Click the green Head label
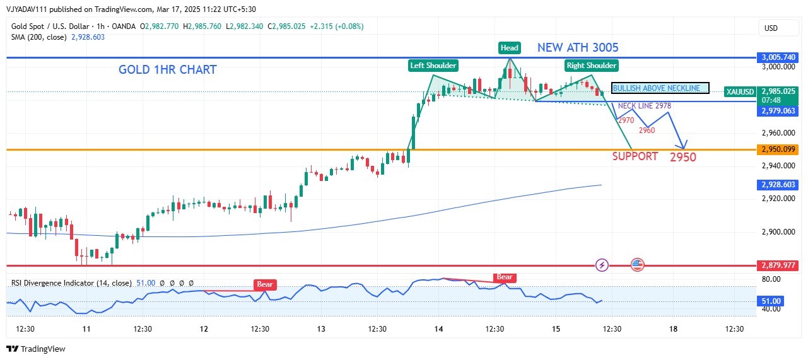point(509,48)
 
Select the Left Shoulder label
point(433,65)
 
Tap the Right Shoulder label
point(591,65)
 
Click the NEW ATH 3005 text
point(578,47)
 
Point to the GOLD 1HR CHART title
point(167,70)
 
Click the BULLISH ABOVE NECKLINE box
point(660,88)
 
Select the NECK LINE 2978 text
point(644,106)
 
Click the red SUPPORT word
point(635,156)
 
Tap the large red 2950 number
point(683,157)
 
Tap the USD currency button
point(771,28)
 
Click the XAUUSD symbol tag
point(738,91)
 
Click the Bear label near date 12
point(265,284)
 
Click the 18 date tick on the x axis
point(673,328)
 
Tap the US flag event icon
point(637,265)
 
